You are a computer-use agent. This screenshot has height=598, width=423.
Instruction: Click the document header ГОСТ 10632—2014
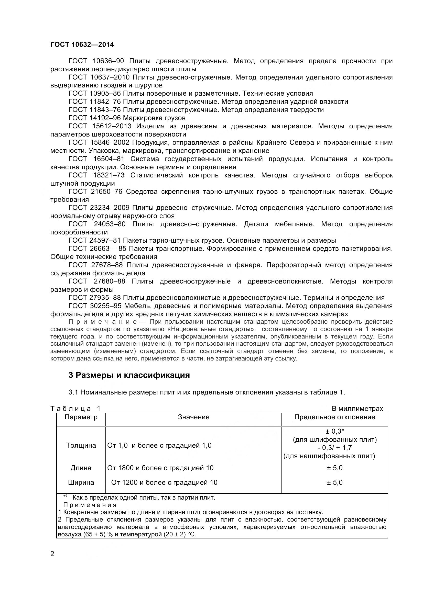(x=82, y=45)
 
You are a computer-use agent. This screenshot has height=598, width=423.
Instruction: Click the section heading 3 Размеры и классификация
(x=129, y=375)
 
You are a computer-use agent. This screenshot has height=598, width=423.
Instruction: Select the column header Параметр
(x=81, y=417)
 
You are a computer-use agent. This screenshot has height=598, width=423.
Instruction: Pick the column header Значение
(x=194, y=417)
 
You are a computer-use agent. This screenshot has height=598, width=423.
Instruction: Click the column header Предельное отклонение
(x=335, y=417)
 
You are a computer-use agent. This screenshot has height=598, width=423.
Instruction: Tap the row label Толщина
(x=81, y=446)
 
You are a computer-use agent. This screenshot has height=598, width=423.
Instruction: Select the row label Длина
(x=81, y=468)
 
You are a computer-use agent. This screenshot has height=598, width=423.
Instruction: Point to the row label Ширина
(x=81, y=483)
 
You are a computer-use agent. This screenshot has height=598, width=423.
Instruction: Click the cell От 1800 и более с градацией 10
(x=160, y=468)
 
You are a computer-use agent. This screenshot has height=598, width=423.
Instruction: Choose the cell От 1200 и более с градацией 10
(x=164, y=483)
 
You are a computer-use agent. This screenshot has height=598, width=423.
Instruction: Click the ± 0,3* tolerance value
(x=335, y=432)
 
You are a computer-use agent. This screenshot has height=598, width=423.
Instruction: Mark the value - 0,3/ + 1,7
(x=335, y=448)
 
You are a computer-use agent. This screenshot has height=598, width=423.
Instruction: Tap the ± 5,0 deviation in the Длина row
(x=335, y=468)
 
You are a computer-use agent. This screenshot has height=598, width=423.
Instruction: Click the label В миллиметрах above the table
(x=357, y=409)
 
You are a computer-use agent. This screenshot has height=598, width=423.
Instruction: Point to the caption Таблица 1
(x=75, y=409)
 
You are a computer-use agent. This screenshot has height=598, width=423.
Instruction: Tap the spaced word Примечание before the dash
(x=102, y=322)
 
